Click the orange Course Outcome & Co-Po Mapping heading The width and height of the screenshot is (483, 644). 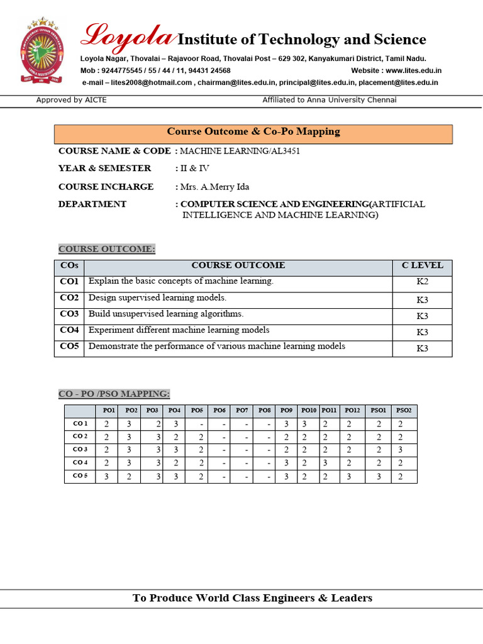coord(253,132)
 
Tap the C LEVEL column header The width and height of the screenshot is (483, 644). coord(422,265)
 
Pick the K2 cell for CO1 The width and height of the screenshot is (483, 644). coord(422,282)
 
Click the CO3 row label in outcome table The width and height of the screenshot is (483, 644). coord(69,314)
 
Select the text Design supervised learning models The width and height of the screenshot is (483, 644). coord(157,297)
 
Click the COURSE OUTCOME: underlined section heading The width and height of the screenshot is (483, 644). coord(106,249)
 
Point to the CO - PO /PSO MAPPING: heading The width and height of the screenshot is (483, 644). coord(114,394)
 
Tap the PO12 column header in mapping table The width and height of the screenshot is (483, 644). coord(353,411)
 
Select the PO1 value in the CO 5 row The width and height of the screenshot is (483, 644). coord(107,477)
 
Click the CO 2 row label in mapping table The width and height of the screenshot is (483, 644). coord(80,436)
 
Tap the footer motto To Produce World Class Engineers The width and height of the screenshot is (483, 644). coord(252,598)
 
